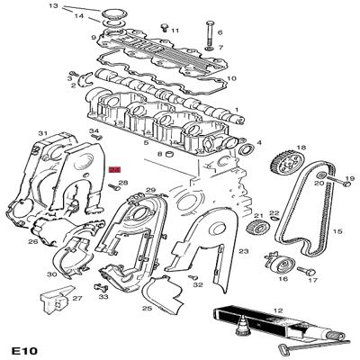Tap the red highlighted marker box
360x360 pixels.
[114, 169]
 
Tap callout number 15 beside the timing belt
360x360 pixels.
[337, 231]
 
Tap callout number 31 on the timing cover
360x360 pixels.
[41, 134]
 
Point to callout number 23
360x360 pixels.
[243, 254]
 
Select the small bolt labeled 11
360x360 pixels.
[164, 29]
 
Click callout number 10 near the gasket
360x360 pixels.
[231, 78]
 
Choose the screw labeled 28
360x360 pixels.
[115, 188]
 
